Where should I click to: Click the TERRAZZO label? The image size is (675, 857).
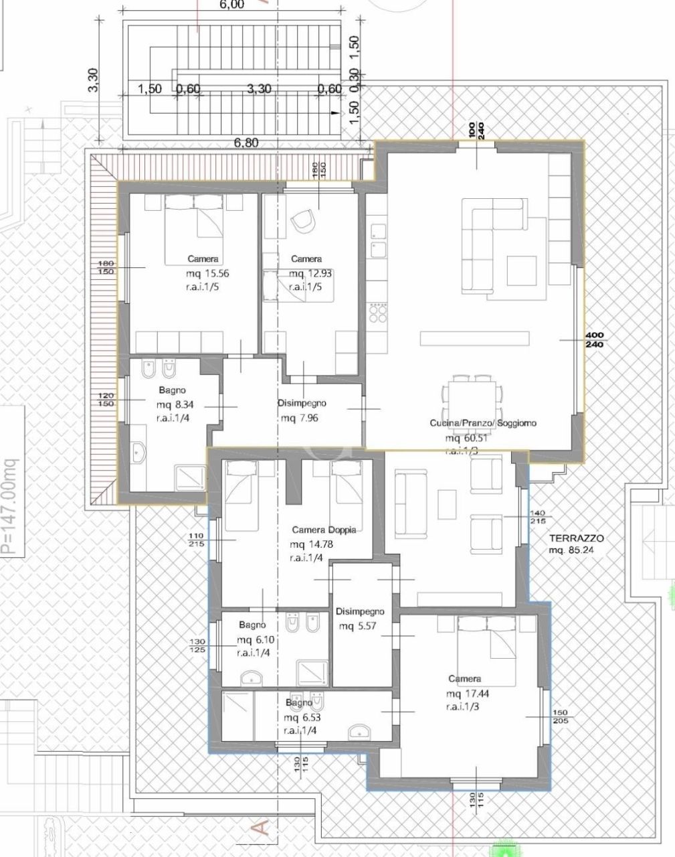coord(576,538)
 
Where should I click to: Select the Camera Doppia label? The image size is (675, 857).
coord(324,530)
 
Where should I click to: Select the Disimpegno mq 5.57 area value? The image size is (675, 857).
coord(359,626)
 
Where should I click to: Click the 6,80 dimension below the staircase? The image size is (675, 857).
coord(246,143)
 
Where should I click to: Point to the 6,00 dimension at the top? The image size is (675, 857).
coord(231,5)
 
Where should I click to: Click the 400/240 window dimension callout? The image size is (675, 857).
coord(594,339)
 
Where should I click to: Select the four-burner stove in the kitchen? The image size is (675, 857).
coord(377,313)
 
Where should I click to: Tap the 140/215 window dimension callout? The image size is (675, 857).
coord(537,517)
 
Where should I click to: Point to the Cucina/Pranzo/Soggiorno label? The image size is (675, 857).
coord(482,423)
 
